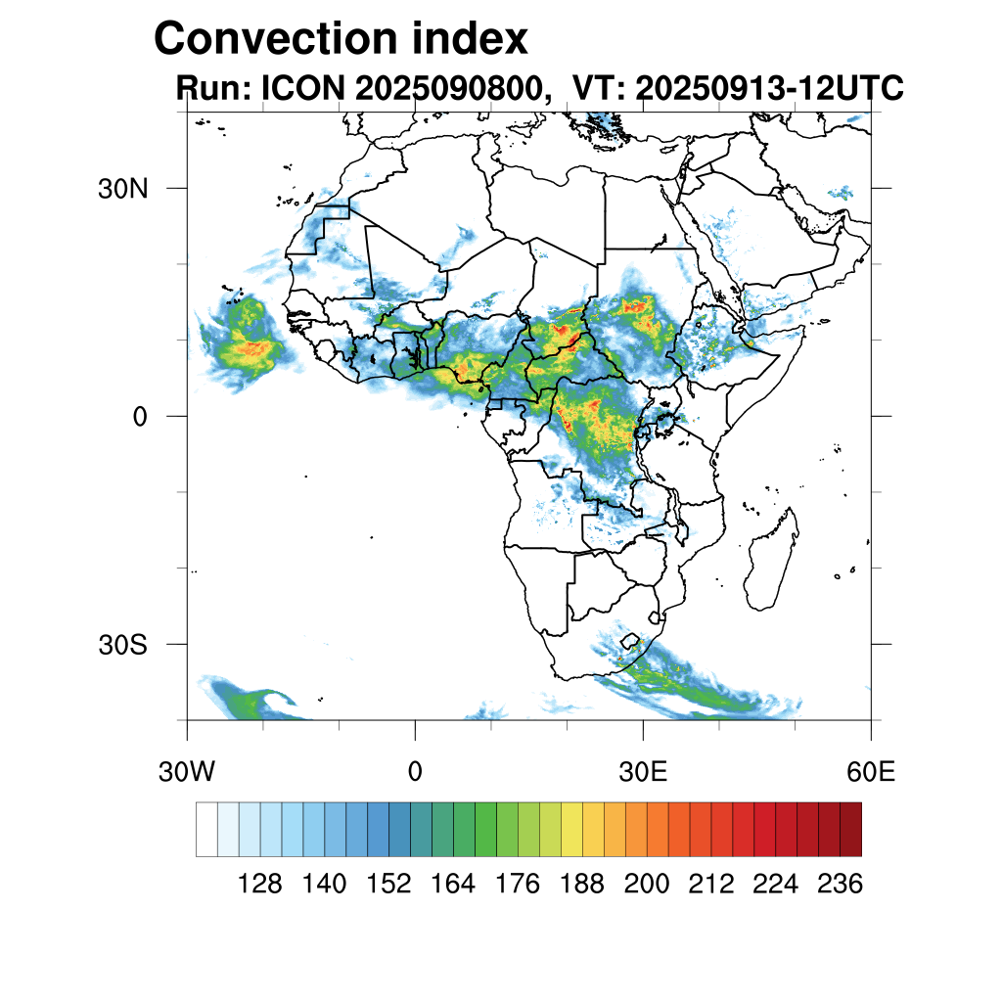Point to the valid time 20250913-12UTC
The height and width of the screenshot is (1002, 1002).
tap(769, 89)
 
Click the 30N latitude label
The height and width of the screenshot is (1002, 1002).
tap(122, 189)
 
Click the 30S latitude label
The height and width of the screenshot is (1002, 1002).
tap(122, 645)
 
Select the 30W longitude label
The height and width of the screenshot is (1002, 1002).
tap(186, 772)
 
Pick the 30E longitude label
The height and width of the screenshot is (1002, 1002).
tap(643, 772)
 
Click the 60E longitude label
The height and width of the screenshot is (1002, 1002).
tap(871, 772)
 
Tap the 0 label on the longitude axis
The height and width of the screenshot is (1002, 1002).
tap(415, 772)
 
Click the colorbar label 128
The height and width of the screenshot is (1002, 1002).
tap(260, 885)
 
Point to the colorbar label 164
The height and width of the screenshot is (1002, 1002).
tap(453, 885)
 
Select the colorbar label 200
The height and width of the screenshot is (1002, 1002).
tap(646, 885)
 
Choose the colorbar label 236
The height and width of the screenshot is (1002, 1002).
tap(839, 885)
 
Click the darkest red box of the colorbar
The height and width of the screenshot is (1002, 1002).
tap(850, 829)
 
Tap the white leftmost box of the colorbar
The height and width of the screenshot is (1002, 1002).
tap(206, 829)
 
